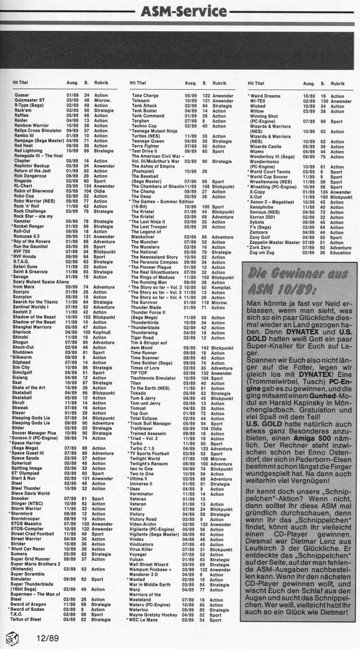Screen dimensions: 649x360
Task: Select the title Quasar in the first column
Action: [x=22, y=95]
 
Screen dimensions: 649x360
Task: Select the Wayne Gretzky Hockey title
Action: [x=154, y=615]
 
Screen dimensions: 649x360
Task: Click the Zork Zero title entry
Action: [x=261, y=247]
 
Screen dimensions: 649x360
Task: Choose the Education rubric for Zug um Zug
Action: [x=340, y=252]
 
